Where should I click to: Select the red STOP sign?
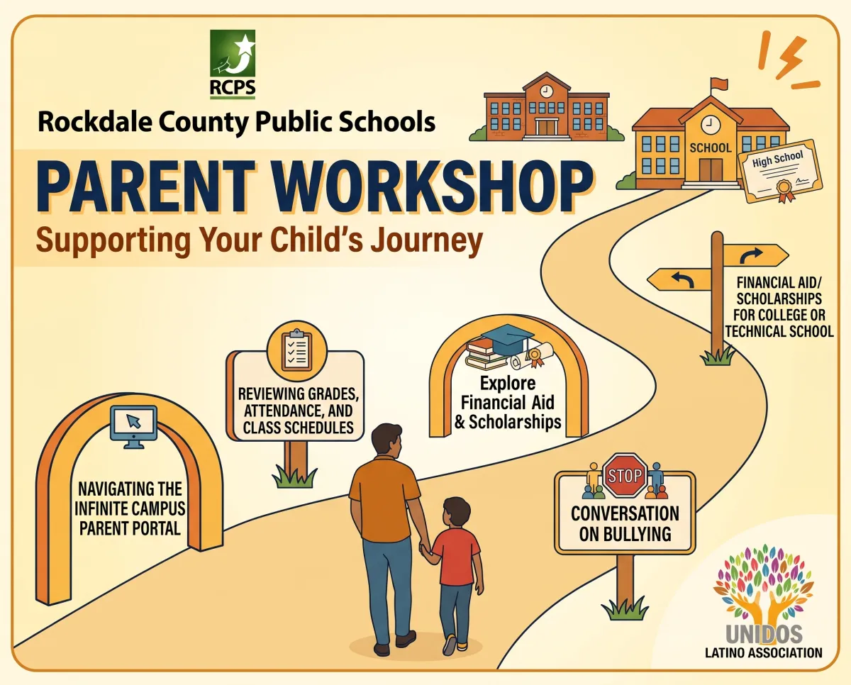pyautogui.click(x=625, y=475)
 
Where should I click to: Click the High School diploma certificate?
pyautogui.click(x=780, y=172)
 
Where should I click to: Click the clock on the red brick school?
pyautogui.click(x=547, y=91)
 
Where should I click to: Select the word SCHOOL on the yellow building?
pyautogui.click(x=711, y=148)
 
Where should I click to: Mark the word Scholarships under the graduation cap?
pyautogui.click(x=515, y=422)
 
